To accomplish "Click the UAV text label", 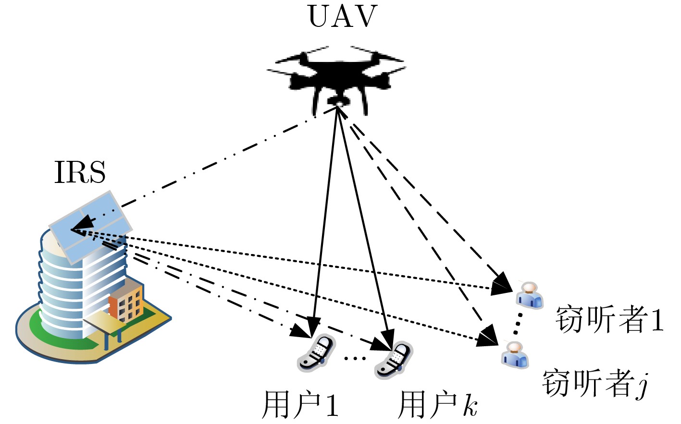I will point(342,17).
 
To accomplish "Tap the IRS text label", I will point(80,172).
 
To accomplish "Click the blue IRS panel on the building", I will point(91,226).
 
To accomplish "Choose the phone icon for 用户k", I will point(394,360).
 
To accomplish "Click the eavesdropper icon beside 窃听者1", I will point(529,295).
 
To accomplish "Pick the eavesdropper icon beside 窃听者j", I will point(515,355).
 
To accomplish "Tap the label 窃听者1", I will point(609,319).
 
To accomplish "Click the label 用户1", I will point(300,405).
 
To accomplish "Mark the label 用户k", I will point(437,405).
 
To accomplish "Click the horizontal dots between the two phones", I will point(355,358).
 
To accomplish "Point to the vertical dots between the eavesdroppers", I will point(518,324).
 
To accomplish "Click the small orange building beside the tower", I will point(126,302).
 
